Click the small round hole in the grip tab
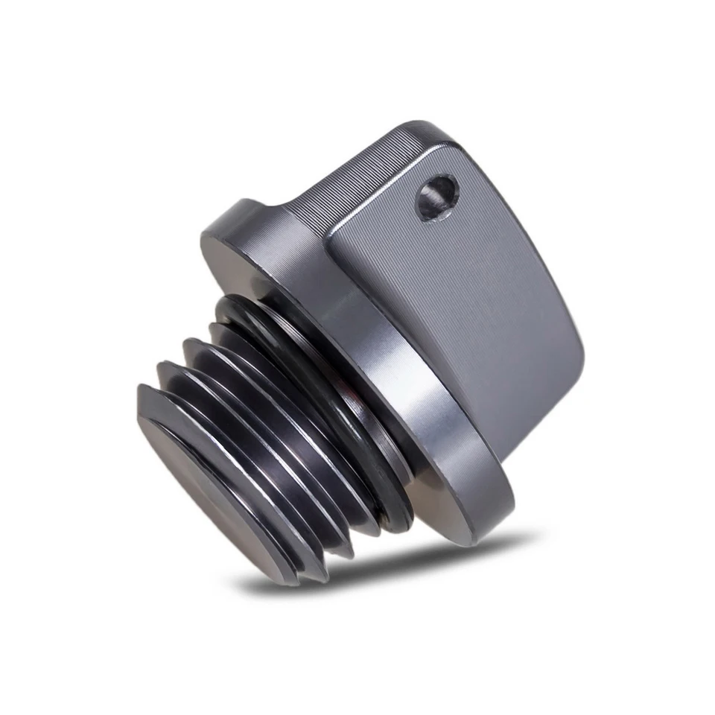click(437, 197)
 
